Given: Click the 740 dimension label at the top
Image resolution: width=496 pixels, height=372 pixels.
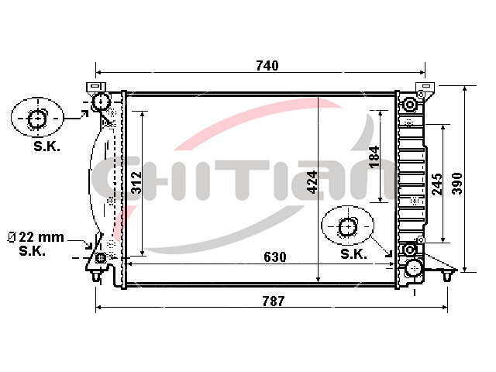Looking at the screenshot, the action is [267, 65].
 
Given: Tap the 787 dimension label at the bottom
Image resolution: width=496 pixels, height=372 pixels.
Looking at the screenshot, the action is [274, 301].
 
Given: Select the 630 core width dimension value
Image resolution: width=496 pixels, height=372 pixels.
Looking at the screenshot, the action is [275, 257].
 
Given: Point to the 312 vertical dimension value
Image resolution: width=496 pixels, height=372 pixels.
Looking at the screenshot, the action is [136, 182].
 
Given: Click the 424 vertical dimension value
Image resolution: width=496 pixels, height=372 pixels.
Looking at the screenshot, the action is [312, 182].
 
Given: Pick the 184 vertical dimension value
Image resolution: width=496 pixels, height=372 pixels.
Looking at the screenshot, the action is [374, 157].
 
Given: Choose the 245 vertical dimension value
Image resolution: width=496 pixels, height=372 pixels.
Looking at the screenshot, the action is [437, 184].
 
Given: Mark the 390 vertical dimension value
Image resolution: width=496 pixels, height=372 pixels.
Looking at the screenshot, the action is [456, 184].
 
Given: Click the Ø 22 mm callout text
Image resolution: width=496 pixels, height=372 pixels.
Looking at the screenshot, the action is [36, 237].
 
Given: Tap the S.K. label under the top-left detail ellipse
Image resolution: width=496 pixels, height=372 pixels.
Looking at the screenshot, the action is [46, 146].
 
